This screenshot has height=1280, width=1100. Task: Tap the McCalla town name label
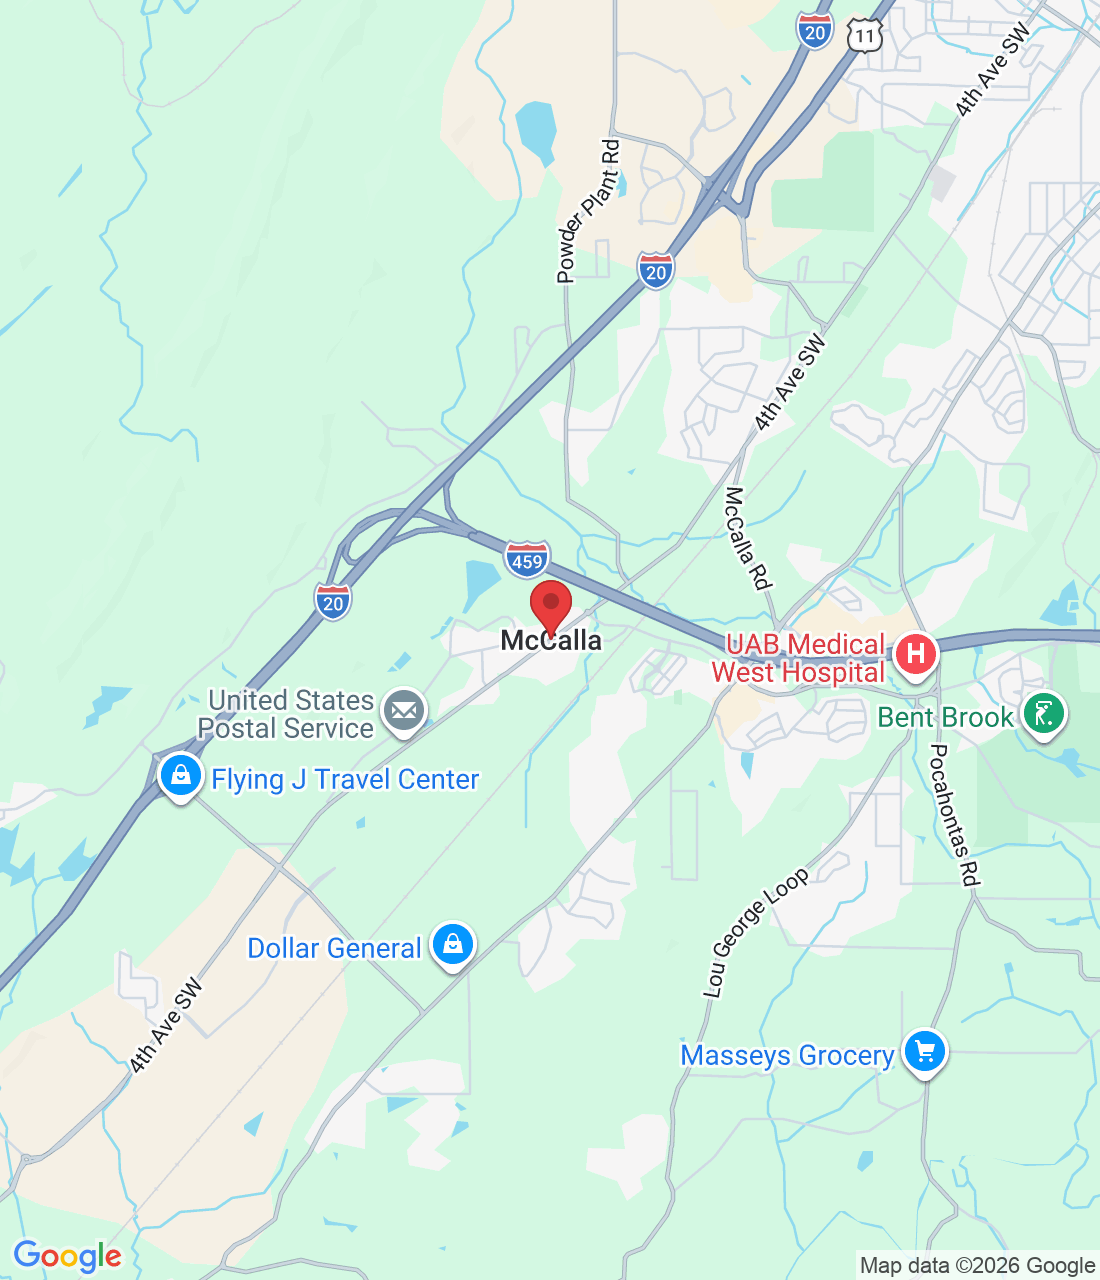coord(551,641)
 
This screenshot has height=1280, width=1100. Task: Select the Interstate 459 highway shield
coord(527,559)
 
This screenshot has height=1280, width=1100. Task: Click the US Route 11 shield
coord(864,37)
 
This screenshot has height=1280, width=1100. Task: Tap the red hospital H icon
coord(915,655)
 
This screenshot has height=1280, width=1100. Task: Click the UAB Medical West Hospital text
coord(800,659)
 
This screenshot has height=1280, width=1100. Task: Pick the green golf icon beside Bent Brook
coord(1044,715)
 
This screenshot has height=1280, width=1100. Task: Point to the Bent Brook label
coord(945,717)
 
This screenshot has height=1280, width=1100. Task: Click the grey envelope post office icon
coord(404,711)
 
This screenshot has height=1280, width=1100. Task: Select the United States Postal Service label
coord(288,714)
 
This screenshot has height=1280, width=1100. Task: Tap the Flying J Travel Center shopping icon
coord(181,775)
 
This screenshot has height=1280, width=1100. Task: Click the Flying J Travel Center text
coord(345,779)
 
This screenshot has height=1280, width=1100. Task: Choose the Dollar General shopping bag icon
coord(453,944)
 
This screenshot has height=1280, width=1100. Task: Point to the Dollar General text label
coord(334,948)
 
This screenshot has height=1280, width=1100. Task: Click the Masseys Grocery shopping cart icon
coord(925,1052)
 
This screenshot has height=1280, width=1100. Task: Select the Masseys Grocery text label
coord(787,1055)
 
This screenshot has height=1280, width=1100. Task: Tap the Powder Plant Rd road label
coord(589,212)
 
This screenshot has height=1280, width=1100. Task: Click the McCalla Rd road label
coord(749,537)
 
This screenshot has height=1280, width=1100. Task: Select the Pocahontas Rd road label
coord(953,815)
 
